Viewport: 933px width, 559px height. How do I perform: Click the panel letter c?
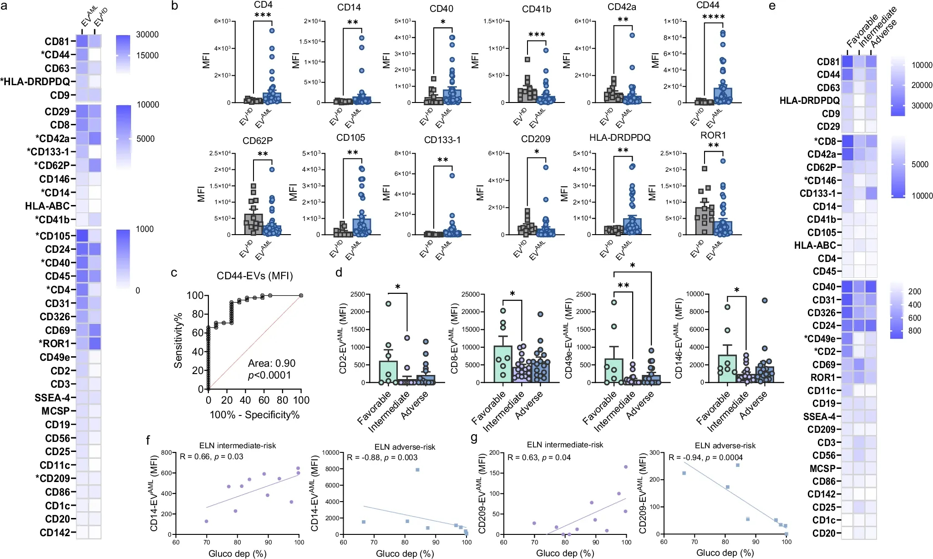(x=174, y=273)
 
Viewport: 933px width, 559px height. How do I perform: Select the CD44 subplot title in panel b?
(x=707, y=5)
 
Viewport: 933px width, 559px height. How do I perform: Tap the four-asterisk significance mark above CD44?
(x=713, y=17)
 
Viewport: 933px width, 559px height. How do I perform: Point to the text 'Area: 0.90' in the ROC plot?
(x=271, y=363)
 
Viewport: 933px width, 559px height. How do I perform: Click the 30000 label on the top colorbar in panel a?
(x=147, y=35)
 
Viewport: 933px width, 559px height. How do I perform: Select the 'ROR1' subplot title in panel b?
(x=713, y=135)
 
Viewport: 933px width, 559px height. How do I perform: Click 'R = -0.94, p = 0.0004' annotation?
(x=705, y=457)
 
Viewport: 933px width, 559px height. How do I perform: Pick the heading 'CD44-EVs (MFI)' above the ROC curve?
(x=254, y=276)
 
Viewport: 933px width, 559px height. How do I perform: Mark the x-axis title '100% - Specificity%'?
(x=254, y=415)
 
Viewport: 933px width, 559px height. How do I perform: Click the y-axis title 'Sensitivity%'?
(x=178, y=340)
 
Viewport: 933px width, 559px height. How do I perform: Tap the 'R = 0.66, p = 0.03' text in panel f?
(x=211, y=456)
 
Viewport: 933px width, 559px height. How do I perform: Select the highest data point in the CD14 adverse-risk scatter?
(x=417, y=470)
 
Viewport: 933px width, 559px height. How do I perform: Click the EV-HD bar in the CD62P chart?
(x=253, y=224)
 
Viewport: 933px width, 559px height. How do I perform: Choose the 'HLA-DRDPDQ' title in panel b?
(x=619, y=138)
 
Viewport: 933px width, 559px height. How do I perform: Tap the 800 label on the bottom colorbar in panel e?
(x=914, y=331)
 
